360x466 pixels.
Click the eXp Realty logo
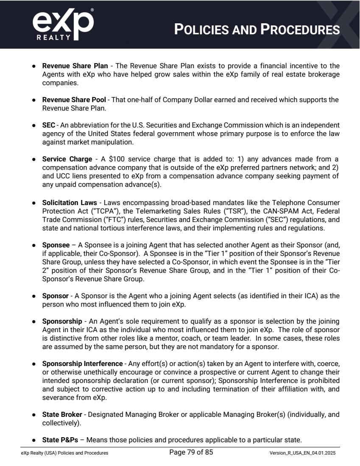pyautogui.click(x=63, y=25)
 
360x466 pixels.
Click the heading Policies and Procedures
pyautogui.click(x=257, y=30)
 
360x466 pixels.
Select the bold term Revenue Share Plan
pyautogui.click(x=75, y=66)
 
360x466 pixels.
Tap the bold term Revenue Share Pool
pyautogui.click(x=74, y=100)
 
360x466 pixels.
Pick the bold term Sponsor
pyautogui.click(x=55, y=296)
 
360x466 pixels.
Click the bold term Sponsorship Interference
pyautogui.click(x=82, y=364)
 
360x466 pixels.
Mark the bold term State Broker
pyautogui.click(x=62, y=414)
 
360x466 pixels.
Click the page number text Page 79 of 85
pyautogui.click(x=191, y=452)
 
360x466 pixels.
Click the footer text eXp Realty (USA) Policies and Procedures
pyautogui.click(x=64, y=453)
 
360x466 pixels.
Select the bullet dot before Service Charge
pyautogui.click(x=33, y=160)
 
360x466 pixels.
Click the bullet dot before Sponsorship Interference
pyautogui.click(x=33, y=364)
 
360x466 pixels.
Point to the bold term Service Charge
pyautogui.click(x=67, y=159)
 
